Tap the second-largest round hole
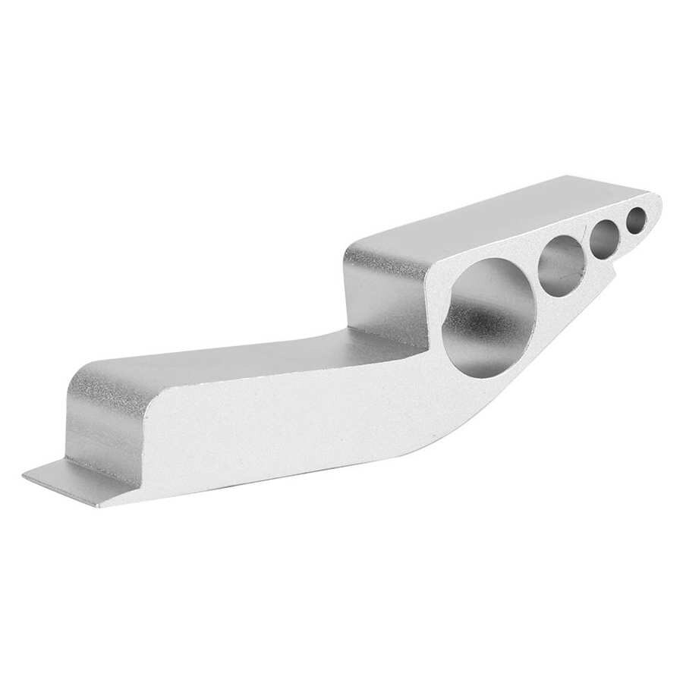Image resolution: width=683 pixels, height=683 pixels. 562,265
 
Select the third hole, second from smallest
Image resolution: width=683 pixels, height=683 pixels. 606,239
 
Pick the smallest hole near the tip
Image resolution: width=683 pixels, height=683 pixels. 636,219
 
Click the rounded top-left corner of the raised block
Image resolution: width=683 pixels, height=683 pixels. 357,250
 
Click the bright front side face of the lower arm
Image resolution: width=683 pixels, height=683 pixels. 288,425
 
